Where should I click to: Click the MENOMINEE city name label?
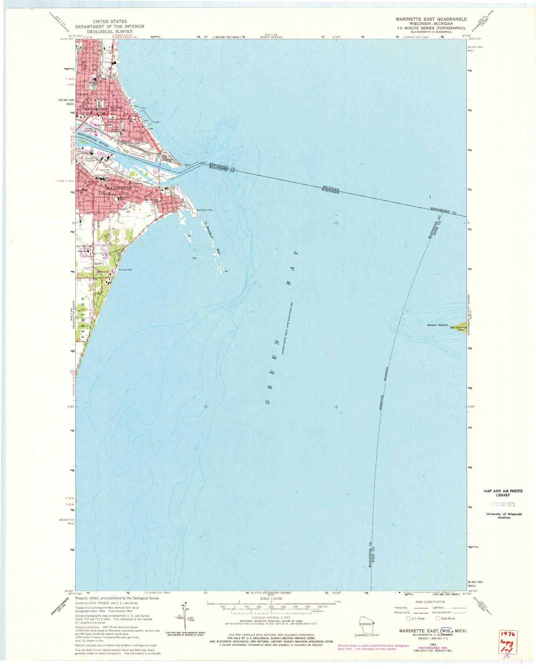pyautogui.click(x=96, y=109)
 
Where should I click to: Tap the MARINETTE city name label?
pyautogui.click(x=119, y=189)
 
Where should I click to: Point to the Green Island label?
pyautogui.click(x=437, y=325)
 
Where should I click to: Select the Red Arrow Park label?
pyautogui.click(x=205, y=210)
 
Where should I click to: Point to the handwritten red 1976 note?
pyautogui.click(x=509, y=634)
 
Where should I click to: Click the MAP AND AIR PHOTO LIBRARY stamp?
pyautogui.click(x=503, y=493)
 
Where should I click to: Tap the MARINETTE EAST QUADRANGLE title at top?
pyautogui.click(x=431, y=19)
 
